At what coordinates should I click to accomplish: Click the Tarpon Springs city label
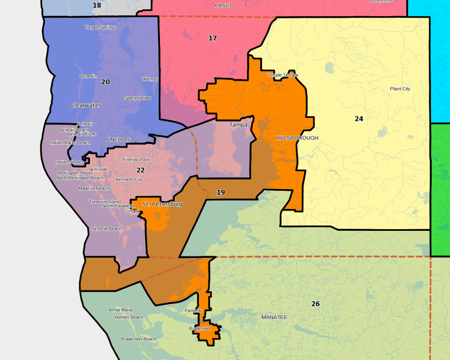pos(100,27)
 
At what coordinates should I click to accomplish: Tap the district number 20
pos(105,82)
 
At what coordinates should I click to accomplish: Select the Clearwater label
pos(85,105)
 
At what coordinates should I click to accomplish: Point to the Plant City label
pos(400,89)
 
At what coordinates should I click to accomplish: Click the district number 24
pos(359,119)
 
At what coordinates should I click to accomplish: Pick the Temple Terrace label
pos(282,75)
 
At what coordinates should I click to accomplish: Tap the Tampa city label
pos(238,125)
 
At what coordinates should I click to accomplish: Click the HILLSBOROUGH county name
pos(297,138)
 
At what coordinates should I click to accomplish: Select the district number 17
pos(212,38)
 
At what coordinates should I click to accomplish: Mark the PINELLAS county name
pos(118,140)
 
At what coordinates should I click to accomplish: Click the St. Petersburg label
pos(162,204)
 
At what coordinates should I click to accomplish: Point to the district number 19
pos(220,192)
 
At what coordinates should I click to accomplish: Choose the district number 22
pos(140,170)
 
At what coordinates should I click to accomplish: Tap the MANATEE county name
pos(274,317)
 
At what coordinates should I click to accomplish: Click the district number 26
pos(315,304)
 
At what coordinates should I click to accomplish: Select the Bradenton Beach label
pos(138,339)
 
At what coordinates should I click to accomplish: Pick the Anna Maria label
pos(120,310)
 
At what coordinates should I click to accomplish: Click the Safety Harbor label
pos(137,98)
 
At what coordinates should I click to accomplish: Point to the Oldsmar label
pos(149,79)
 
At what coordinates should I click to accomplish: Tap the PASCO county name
pos(224,5)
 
